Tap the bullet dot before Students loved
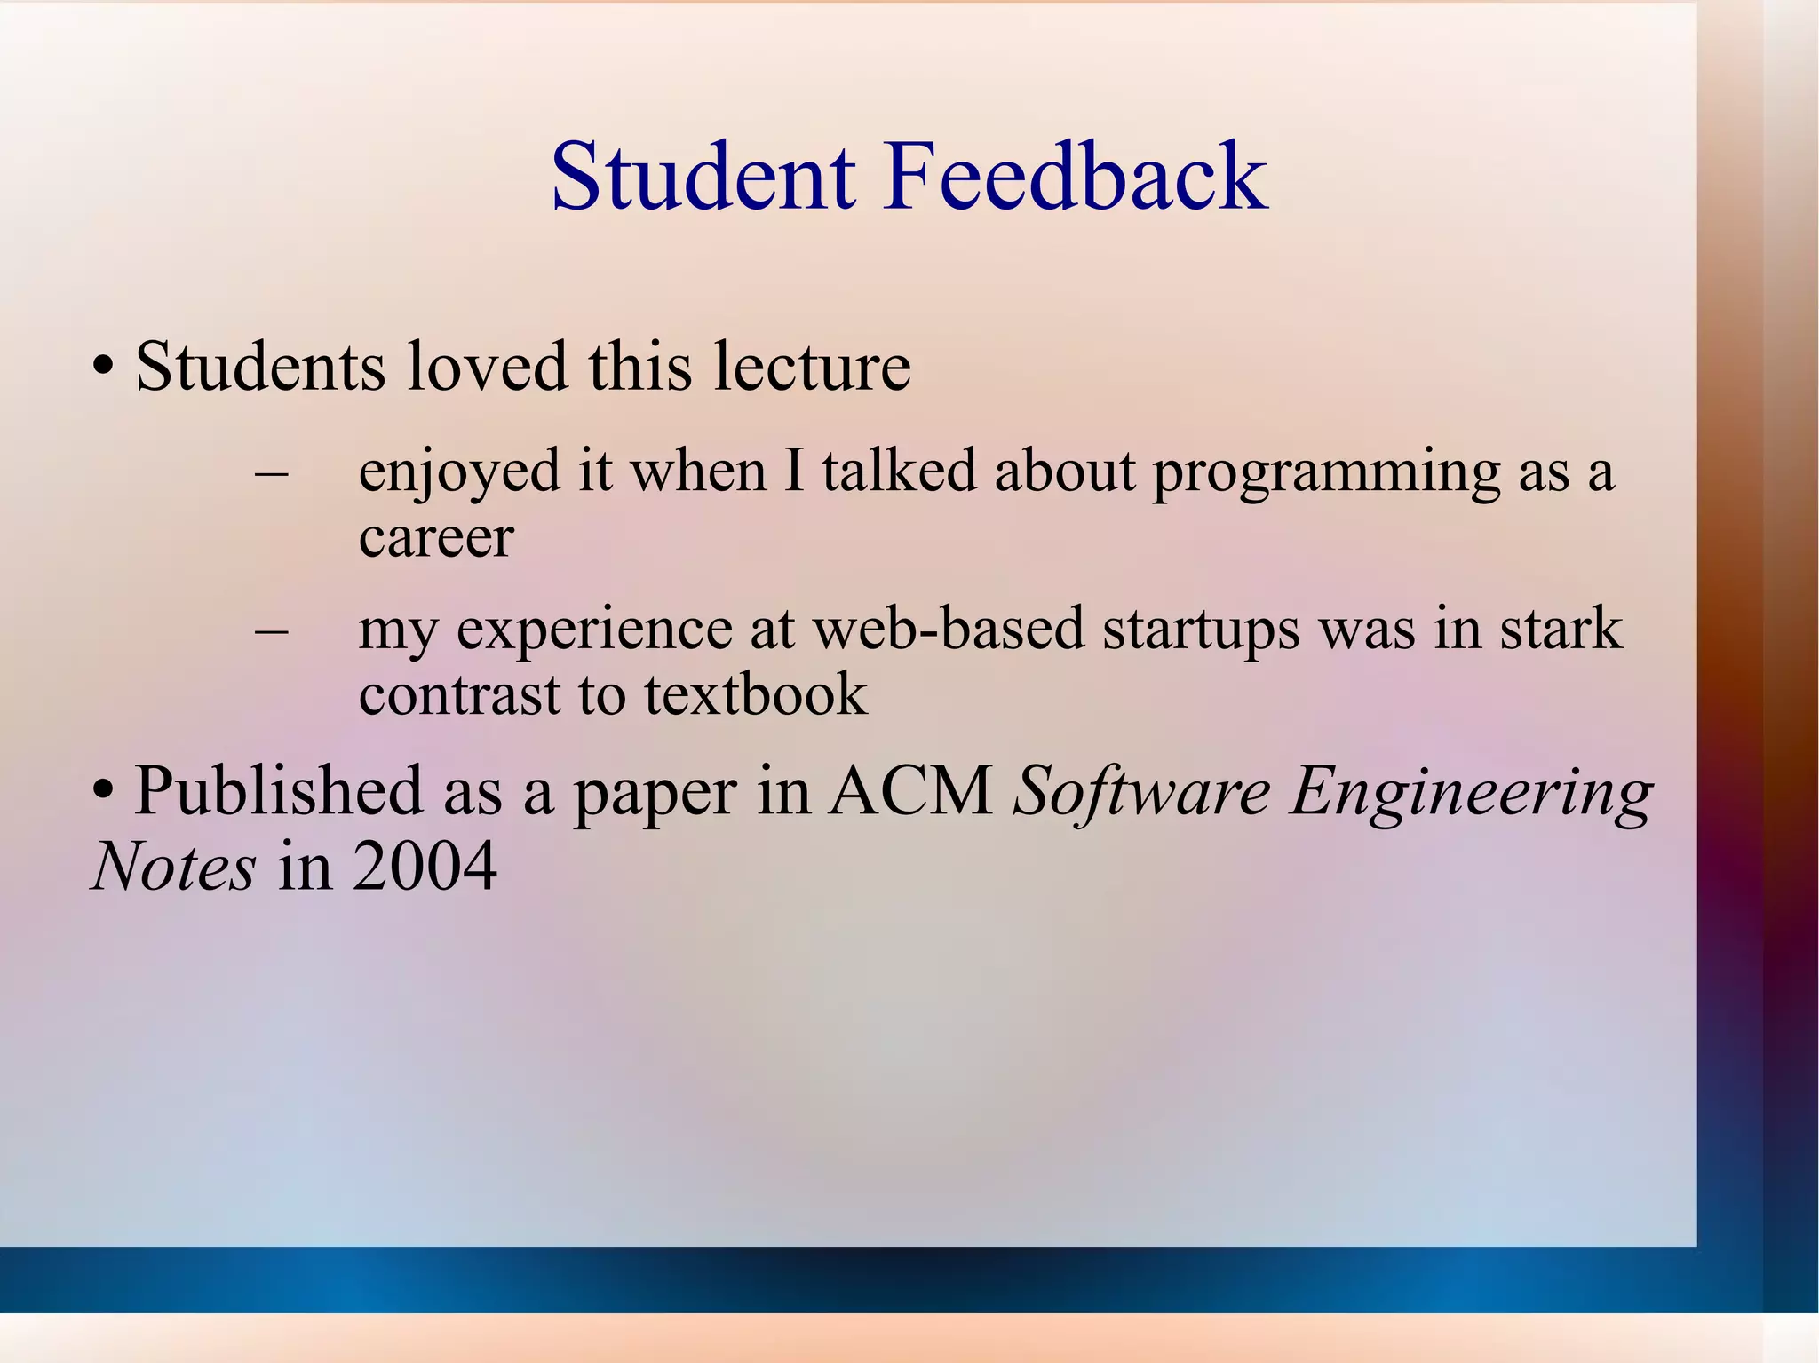(x=104, y=367)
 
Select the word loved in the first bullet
(x=487, y=367)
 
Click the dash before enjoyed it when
(x=271, y=473)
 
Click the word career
(x=436, y=538)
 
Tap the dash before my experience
(x=271, y=631)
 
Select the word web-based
(x=949, y=630)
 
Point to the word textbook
(x=755, y=695)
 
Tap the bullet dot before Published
(x=104, y=790)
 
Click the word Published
(x=278, y=791)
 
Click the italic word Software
(x=1142, y=791)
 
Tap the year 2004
(x=425, y=867)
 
